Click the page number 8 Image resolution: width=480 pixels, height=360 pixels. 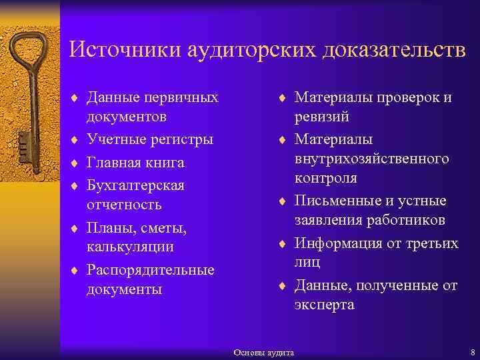(472, 351)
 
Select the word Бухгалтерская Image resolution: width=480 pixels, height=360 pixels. (135, 185)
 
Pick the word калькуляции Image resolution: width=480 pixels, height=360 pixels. (130, 247)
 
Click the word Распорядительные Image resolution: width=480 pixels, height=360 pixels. (150, 270)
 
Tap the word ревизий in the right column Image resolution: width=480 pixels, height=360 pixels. (322, 117)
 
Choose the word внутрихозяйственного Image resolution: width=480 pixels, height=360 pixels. (372, 159)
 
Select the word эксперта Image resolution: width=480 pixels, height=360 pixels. (325, 305)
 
